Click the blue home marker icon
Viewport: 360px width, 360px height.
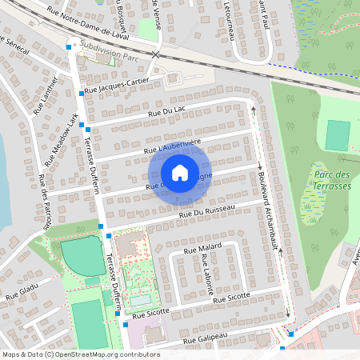click(179, 173)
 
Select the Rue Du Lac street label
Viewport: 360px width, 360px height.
click(166, 112)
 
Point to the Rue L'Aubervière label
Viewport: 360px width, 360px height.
click(171, 145)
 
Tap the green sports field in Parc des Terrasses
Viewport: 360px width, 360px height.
click(338, 135)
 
